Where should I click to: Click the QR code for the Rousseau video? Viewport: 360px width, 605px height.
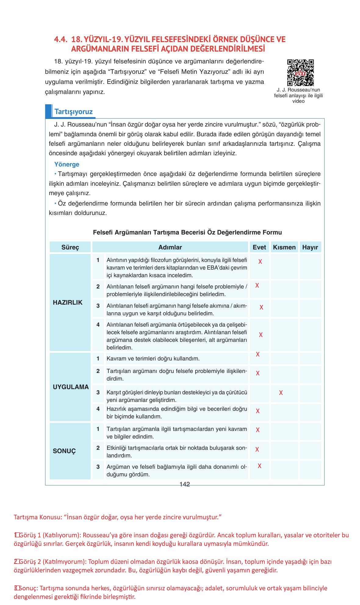click(x=300, y=73)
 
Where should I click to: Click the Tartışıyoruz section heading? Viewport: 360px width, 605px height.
click(x=73, y=112)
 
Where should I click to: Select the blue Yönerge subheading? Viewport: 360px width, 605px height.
click(x=67, y=164)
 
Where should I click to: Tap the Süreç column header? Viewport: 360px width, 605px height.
click(x=70, y=247)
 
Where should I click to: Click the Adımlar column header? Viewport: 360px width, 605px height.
click(x=170, y=247)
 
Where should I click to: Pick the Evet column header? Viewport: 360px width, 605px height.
click(x=259, y=247)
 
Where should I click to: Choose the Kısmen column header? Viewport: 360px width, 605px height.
click(x=284, y=247)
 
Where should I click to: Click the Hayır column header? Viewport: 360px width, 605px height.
click(x=310, y=247)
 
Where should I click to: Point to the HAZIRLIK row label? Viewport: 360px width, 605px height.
click(x=68, y=302)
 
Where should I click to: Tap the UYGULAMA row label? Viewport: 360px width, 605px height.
click(x=70, y=387)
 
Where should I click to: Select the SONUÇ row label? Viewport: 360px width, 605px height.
click(x=64, y=451)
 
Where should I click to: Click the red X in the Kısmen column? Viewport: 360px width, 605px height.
click(x=281, y=393)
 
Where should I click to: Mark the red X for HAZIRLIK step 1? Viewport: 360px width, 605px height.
click(x=260, y=262)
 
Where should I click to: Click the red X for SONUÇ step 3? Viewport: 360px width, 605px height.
click(x=259, y=466)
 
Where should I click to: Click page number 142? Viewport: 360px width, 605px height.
click(x=185, y=484)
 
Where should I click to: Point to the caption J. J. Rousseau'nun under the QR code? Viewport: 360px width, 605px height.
click(x=298, y=90)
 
